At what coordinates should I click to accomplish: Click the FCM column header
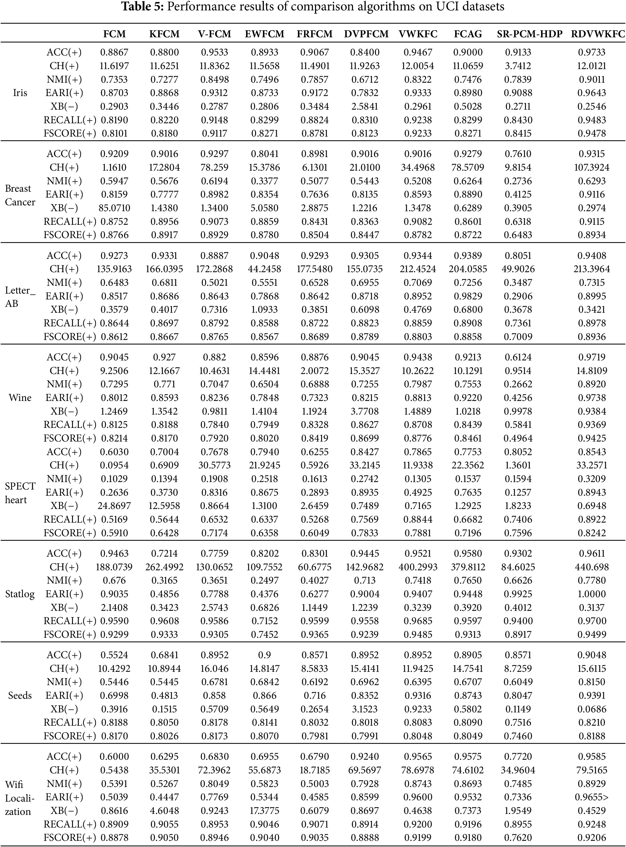[114, 34]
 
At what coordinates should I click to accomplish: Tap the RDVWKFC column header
[597, 34]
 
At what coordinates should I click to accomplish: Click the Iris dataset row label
[20, 93]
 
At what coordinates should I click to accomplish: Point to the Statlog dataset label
[20, 594]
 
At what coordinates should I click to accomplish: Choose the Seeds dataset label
[20, 695]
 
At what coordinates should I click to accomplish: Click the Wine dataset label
[20, 398]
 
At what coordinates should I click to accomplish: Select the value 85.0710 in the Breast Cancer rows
[114, 208]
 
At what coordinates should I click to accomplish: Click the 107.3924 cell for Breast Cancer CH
[592, 167]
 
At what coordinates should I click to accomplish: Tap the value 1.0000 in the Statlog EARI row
[592, 594]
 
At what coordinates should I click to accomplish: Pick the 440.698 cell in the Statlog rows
[592, 567]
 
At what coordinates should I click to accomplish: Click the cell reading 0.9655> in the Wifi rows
[592, 797]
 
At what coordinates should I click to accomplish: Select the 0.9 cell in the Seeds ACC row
[265, 655]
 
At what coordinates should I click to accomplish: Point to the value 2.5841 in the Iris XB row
[364, 106]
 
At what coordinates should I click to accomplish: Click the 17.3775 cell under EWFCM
[265, 811]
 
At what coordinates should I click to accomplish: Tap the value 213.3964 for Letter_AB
[592, 269]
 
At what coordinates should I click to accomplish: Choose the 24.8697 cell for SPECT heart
[114, 506]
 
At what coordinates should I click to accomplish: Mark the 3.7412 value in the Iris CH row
[518, 66]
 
